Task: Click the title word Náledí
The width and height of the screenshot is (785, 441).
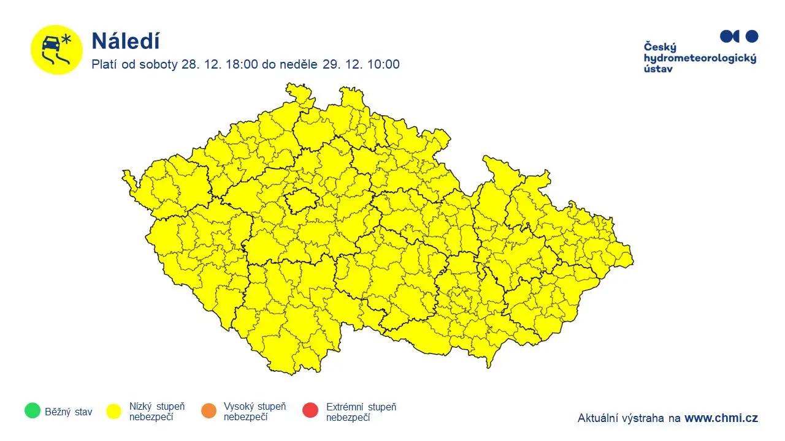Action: point(125,42)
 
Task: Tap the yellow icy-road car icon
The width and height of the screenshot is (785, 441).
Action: point(56,50)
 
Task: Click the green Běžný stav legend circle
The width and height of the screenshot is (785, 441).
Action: point(33,410)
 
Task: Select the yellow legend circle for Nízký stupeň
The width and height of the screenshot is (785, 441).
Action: point(113,411)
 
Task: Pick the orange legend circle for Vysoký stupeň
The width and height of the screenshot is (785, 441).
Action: point(209,411)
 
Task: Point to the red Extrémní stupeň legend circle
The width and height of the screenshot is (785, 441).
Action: point(310,410)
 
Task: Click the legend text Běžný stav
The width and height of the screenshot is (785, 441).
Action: point(68,412)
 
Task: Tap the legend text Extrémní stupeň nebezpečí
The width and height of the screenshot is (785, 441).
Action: point(361,412)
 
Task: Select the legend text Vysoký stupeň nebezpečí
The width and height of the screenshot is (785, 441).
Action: point(255,412)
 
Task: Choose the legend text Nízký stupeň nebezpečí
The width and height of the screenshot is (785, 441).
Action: point(156,412)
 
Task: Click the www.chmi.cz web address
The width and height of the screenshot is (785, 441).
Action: point(721,418)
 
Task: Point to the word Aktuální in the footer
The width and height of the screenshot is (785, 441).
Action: point(599,418)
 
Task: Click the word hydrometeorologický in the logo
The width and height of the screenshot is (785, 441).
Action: point(700,58)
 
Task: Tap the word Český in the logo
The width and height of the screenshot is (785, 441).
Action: point(659,47)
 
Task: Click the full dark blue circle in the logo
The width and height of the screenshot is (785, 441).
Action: point(751,36)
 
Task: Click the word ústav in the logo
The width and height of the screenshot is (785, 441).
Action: point(658,69)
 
